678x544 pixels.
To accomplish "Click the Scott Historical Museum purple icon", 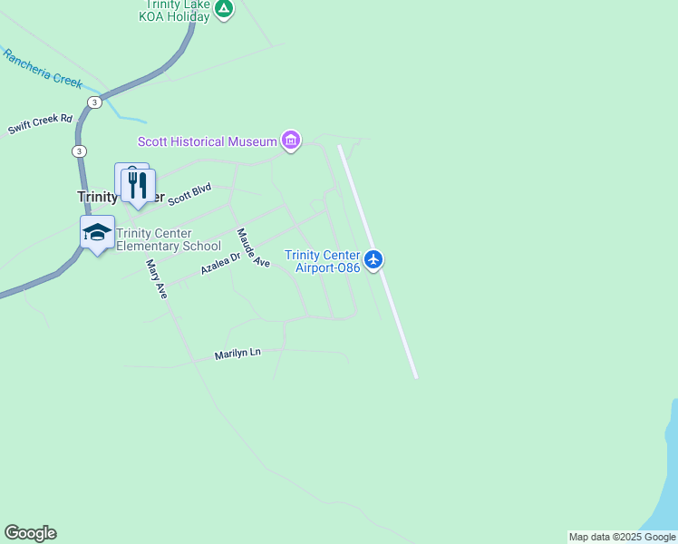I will (x=290, y=141).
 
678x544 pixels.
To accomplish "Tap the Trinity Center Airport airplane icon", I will (x=373, y=260).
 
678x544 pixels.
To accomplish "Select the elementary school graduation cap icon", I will (x=98, y=232).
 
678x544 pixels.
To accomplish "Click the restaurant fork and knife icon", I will (x=138, y=186).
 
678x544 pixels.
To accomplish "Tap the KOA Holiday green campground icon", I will (x=224, y=9).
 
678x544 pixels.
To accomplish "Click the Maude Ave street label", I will (x=253, y=248).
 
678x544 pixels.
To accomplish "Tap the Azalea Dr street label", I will (x=220, y=264).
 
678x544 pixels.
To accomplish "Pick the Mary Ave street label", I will (x=157, y=279).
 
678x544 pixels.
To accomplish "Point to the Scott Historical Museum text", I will (x=207, y=141).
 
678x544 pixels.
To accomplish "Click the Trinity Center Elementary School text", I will (x=168, y=239).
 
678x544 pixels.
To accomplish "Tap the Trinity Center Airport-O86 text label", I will (x=323, y=261).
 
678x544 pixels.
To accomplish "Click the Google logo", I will (x=30, y=533).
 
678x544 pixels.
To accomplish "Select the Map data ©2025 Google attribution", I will (x=622, y=537).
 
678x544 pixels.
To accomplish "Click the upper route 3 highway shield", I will (x=94, y=103).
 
